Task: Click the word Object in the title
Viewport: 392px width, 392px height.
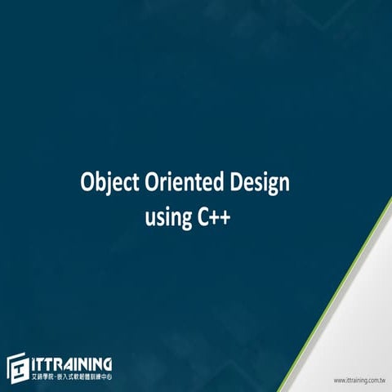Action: click(x=105, y=183)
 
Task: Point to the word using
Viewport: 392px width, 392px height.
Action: click(x=169, y=218)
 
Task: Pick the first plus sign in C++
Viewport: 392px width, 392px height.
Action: click(x=216, y=218)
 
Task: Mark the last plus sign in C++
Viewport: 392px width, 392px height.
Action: click(x=228, y=218)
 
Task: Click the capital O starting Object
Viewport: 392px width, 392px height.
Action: click(x=87, y=182)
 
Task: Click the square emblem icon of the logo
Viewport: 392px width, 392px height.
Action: click(x=18, y=369)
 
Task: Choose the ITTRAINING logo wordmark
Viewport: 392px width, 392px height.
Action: click(x=72, y=364)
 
